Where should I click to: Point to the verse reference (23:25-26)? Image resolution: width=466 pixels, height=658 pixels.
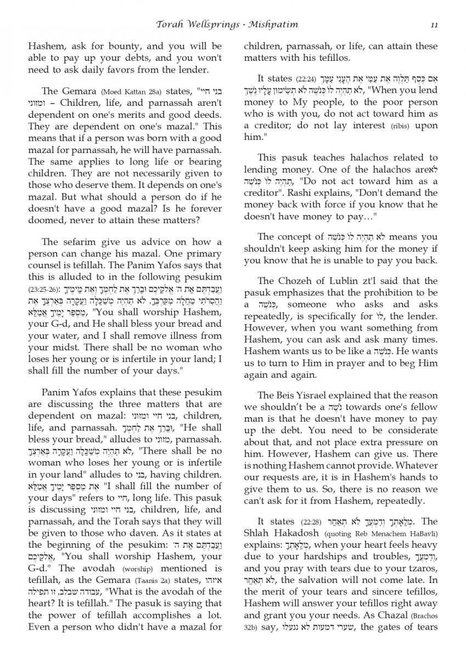pyautogui.click(x=44, y=288)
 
